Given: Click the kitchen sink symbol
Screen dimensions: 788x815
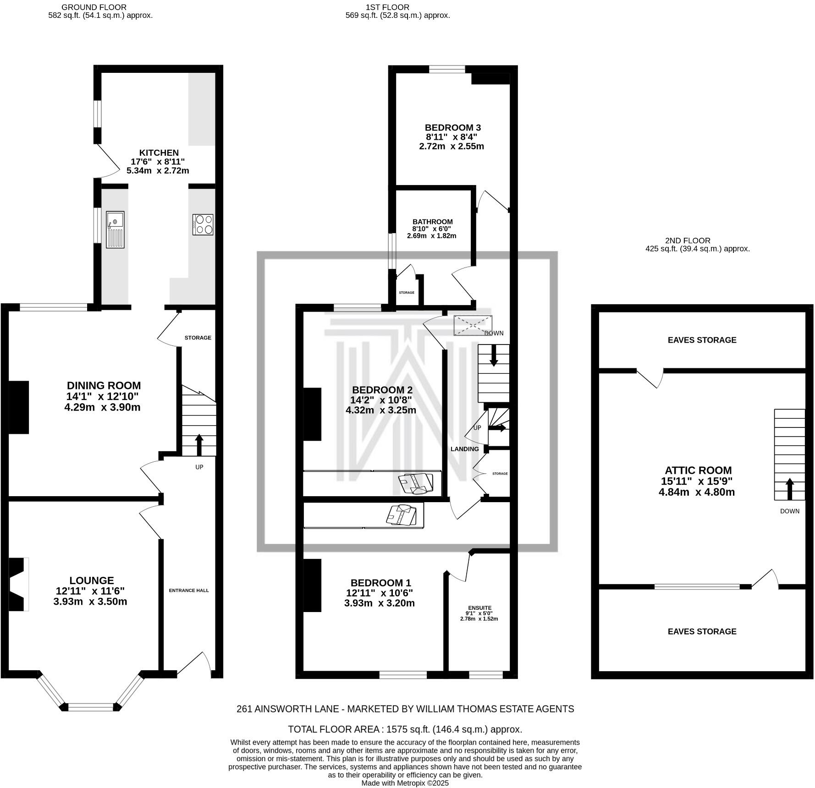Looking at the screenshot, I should point(115,229).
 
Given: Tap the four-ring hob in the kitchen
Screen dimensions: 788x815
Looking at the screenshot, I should point(203,225).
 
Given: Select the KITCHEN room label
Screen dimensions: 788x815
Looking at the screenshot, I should point(159,153).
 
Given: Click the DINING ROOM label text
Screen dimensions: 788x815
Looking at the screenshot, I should point(104,385).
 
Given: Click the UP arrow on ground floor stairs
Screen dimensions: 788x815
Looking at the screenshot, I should point(199,443).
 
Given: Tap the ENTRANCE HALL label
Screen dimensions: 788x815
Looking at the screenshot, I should point(189,590).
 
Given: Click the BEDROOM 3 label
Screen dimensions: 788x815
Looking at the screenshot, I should point(452,127).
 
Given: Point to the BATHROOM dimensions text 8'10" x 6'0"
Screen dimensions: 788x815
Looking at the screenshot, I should point(432,229).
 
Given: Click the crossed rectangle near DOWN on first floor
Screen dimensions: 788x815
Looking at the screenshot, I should point(473,325).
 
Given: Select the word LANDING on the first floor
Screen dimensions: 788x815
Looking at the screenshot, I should point(464,449).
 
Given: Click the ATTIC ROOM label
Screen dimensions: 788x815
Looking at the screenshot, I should point(698,470).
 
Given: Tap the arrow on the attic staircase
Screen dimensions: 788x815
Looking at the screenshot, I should point(789,488).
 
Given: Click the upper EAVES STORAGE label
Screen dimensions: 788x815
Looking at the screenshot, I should point(702,340).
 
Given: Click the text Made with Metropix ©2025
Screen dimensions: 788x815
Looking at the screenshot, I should point(405,783).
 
